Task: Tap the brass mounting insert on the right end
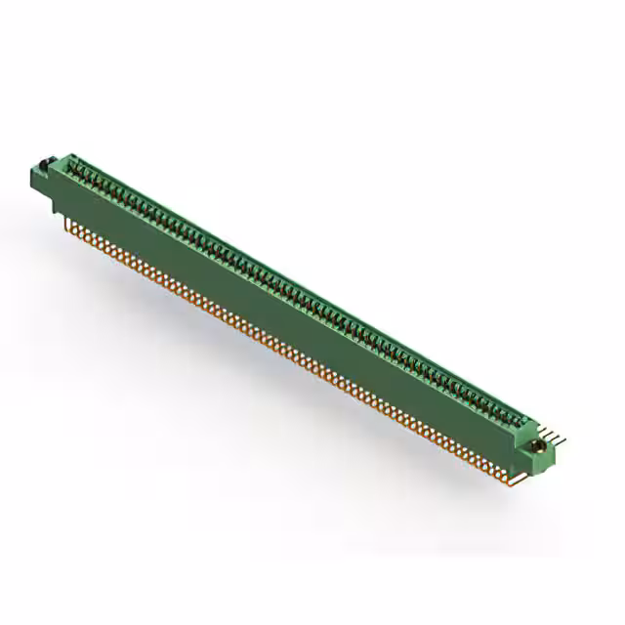coord(536,446)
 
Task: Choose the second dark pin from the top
coord(558,436)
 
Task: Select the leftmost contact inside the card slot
coord(78,173)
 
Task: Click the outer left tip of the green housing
coord(32,177)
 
